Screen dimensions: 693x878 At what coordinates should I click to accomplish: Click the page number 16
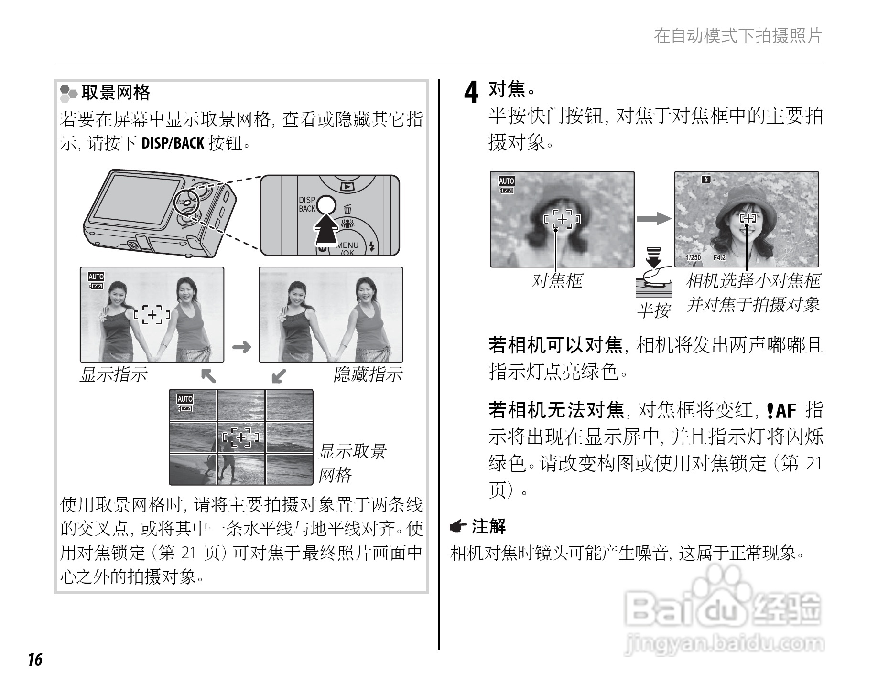34,660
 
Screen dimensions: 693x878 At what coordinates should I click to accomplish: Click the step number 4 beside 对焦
471,93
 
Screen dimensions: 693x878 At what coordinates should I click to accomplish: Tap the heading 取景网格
116,92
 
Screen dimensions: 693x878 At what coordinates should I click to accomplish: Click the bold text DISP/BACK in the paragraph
173,143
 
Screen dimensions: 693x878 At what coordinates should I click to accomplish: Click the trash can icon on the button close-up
347,209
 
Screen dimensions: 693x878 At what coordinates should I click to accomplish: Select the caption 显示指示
114,374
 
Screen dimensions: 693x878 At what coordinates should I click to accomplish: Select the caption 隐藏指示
368,374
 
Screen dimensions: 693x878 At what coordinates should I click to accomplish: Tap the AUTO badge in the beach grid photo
185,399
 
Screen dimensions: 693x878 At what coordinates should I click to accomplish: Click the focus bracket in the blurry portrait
563,219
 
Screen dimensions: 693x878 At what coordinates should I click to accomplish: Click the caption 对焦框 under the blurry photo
557,281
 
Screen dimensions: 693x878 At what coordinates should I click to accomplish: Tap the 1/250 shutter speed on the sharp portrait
693,258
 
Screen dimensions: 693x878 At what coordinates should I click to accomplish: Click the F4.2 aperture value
719,258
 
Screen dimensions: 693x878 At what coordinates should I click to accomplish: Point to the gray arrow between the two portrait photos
654,219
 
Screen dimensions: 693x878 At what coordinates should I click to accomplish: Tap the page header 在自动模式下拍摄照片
737,36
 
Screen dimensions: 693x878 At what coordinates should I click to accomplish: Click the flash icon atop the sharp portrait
706,180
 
